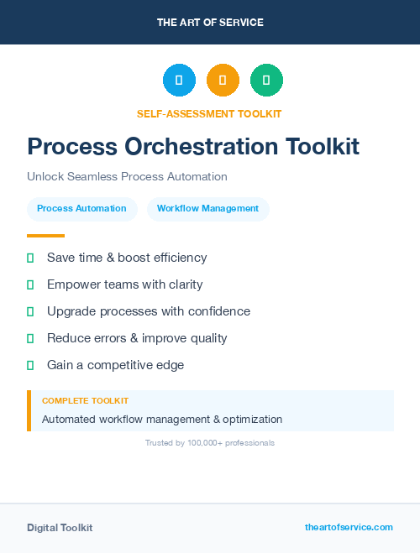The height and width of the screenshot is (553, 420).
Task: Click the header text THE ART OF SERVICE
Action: tap(210, 23)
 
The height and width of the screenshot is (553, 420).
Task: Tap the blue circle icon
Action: tap(179, 80)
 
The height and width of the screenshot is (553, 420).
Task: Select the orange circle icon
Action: tap(223, 80)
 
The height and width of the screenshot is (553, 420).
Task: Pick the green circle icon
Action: tap(266, 80)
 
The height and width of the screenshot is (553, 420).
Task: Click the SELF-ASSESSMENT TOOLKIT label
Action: tap(209, 113)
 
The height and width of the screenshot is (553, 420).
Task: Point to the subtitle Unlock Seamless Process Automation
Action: tap(127, 177)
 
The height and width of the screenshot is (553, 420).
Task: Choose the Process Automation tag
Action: tap(81, 209)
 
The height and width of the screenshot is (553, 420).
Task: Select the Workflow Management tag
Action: tap(207, 209)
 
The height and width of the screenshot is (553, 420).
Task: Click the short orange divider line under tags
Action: tap(45, 236)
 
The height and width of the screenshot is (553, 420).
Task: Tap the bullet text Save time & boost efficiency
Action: tap(127, 258)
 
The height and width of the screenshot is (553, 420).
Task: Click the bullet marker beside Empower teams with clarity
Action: tap(30, 284)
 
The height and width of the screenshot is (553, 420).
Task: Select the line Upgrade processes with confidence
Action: tap(149, 311)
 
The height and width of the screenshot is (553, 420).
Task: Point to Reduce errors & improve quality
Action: tap(137, 338)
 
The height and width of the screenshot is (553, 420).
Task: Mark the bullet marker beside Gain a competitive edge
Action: tap(30, 365)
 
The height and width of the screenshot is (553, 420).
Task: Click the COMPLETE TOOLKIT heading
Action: tap(85, 401)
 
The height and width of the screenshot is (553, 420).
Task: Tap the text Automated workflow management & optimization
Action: tap(162, 420)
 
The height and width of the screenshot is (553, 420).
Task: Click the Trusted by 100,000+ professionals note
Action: tap(210, 443)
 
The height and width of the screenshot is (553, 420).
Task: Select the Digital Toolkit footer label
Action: tap(60, 528)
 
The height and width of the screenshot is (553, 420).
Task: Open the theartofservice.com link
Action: tap(349, 527)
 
